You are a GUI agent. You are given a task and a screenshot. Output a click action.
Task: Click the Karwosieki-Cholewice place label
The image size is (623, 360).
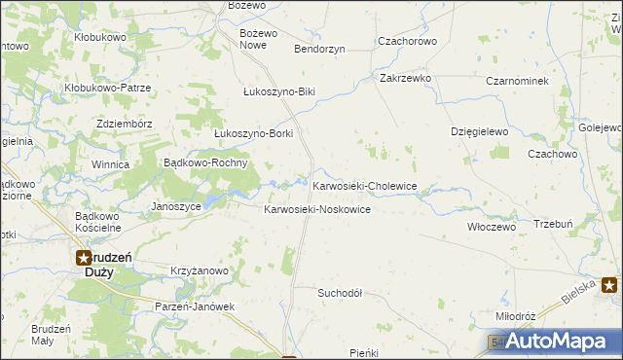[364, 186]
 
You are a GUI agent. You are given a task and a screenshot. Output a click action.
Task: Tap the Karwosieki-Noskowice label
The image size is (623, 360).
[317, 210]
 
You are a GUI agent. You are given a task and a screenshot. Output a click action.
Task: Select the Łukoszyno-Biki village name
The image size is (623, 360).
[279, 91]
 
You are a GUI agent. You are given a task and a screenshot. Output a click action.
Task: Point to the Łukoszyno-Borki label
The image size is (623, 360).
[253, 133]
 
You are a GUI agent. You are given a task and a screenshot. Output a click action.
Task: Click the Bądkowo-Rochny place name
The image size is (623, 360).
[207, 162]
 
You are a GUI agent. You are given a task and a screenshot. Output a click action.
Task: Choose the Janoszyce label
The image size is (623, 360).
[177, 206]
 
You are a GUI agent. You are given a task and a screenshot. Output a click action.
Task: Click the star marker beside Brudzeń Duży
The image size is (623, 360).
[84, 258]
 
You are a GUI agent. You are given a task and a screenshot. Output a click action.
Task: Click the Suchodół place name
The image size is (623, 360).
[340, 292]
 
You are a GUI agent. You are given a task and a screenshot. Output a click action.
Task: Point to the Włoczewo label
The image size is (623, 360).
[491, 226]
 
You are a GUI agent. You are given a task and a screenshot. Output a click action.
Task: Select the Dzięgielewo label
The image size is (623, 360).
[480, 130]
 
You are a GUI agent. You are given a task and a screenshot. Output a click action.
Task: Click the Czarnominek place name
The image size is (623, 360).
[518, 81]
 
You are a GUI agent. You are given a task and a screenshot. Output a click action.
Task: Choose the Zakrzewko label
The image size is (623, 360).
[406, 78]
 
